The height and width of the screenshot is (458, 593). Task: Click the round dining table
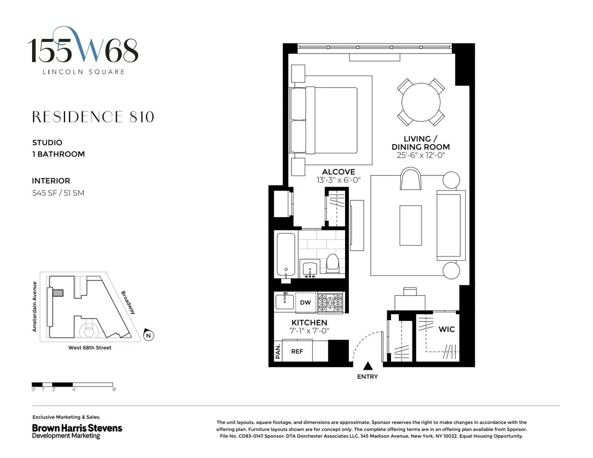pyautogui.click(x=421, y=102)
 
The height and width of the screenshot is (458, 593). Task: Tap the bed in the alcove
pyautogui.click(x=330, y=120)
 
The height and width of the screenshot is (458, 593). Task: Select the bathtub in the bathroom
pyautogui.click(x=286, y=255)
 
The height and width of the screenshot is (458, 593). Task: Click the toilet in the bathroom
pyautogui.click(x=332, y=264)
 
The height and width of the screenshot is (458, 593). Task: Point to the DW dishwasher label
pyautogui.click(x=305, y=302)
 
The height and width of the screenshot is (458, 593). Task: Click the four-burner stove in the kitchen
pyautogui.click(x=330, y=302)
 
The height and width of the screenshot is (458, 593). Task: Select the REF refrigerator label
pyautogui.click(x=297, y=351)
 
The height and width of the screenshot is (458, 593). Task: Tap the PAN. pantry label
pyautogui.click(x=278, y=351)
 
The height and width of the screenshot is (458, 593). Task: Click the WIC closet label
pyautogui.click(x=446, y=329)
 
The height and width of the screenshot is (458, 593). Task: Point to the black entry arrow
pyautogui.click(x=368, y=366)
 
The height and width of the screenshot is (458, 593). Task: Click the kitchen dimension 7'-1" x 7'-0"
pyautogui.click(x=309, y=331)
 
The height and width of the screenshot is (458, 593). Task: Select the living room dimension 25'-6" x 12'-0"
pyautogui.click(x=421, y=155)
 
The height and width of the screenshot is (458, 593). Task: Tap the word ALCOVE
pyautogui.click(x=338, y=172)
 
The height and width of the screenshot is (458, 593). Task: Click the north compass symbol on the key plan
pyautogui.click(x=148, y=335)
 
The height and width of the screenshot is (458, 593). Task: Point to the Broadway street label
pyautogui.click(x=128, y=302)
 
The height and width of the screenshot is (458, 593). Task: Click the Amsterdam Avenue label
pyautogui.click(x=34, y=306)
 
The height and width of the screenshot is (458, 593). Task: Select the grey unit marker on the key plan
pyautogui.click(x=58, y=293)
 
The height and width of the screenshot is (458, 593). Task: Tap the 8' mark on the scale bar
pyautogui.click(x=114, y=389)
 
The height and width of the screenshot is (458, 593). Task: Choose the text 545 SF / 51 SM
pyautogui.click(x=58, y=193)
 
